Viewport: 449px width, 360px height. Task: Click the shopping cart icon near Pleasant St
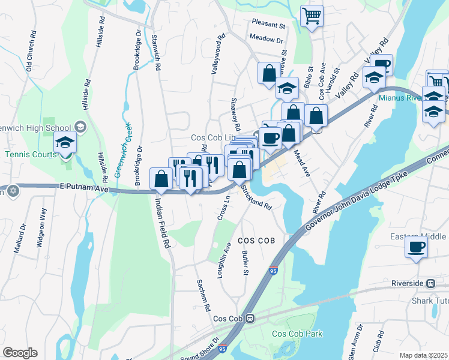coord(312,16)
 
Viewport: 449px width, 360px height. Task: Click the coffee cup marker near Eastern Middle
coord(416,247)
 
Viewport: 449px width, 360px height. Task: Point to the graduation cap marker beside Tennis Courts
coord(65,143)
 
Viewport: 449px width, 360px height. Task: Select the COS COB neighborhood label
coord(256,240)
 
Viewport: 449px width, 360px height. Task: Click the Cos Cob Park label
coord(297,334)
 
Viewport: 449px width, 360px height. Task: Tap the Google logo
coord(20,353)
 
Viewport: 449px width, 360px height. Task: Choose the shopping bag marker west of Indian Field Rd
coord(161,178)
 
